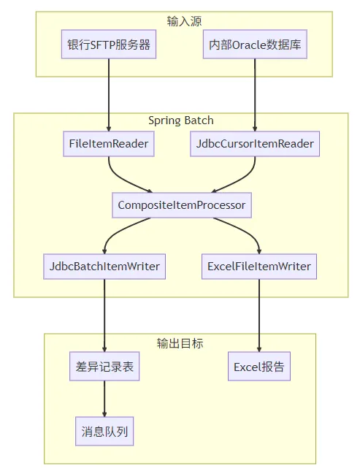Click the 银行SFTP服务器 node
pos(109,45)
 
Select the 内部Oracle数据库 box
pos(254,45)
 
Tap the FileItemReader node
pos(109,144)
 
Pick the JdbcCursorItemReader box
pos(254,144)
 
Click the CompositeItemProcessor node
pos(181,204)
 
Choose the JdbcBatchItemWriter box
pos(104,266)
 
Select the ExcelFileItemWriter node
pos(259,266)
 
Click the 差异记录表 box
pos(104,367)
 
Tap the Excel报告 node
pos(259,367)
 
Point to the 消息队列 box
pos(104,431)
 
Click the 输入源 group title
pos(181,20)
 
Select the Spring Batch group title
pos(181,120)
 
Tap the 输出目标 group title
pos(180,343)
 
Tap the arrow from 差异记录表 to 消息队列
pos(104,399)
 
